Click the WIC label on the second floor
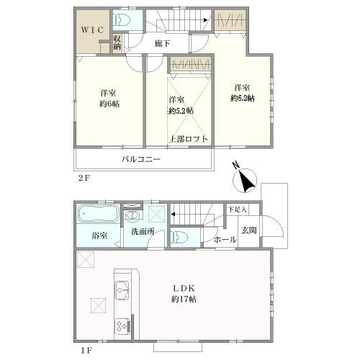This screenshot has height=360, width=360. [92, 30]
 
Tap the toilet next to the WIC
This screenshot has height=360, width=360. [122, 19]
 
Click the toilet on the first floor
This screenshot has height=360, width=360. [179, 237]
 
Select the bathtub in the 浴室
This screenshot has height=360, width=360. [99, 214]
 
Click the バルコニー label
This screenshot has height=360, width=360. [141, 159]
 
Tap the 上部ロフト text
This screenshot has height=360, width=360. [189, 139]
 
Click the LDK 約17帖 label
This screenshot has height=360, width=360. [184, 294]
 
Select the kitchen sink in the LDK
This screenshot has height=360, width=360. [122, 290]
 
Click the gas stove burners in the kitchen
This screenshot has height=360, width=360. [122, 326]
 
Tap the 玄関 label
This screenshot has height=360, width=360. [249, 230]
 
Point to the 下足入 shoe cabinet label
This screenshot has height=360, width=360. [237, 210]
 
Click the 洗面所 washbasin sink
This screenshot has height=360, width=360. [132, 215]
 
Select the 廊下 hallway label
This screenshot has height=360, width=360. [163, 43]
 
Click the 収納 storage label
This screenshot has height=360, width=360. [117, 42]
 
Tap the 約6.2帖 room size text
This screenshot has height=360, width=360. [243, 98]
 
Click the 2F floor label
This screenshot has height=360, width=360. [84, 178]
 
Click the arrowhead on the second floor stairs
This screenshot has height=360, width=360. [205, 20]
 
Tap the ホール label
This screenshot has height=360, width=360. [225, 239]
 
